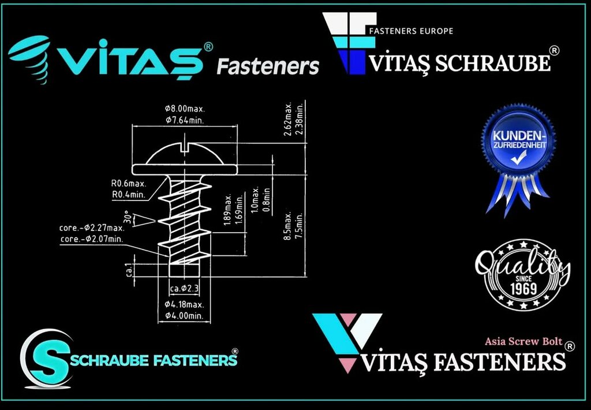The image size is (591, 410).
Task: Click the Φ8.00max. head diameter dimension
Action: (185, 109)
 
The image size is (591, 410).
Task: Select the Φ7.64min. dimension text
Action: (185, 120)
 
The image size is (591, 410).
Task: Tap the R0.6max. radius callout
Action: (128, 184)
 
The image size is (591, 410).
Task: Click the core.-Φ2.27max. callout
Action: (92, 228)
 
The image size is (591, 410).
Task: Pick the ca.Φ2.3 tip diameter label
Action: (185, 288)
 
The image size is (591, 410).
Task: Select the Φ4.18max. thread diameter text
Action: (184, 304)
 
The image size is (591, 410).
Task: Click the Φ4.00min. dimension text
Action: (184, 316)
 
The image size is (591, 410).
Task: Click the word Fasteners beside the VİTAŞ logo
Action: (267, 66)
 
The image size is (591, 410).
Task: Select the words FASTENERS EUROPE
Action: (410, 31)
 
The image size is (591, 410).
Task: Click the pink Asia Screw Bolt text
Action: (523, 341)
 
